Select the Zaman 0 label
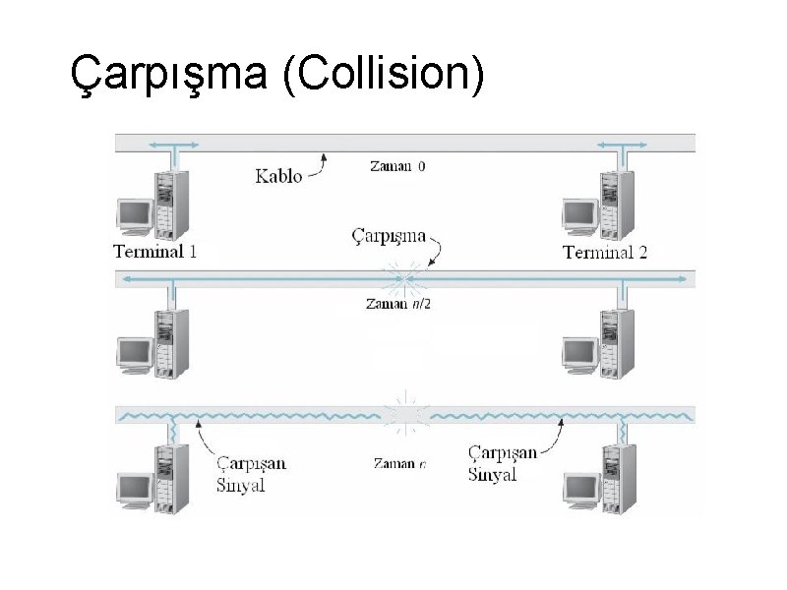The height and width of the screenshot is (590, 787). click(x=397, y=166)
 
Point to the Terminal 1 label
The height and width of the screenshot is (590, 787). click(x=155, y=251)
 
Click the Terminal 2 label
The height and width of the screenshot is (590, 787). click(x=605, y=252)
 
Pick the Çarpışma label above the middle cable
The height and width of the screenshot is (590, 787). click(x=389, y=236)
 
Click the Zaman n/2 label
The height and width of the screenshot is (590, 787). click(x=398, y=304)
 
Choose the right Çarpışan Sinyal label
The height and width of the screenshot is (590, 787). click(x=503, y=462)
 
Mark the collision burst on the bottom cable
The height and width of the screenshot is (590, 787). click(x=406, y=413)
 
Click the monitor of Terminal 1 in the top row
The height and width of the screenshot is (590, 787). click(x=133, y=215)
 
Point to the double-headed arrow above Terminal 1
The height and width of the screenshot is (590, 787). click(x=173, y=145)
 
